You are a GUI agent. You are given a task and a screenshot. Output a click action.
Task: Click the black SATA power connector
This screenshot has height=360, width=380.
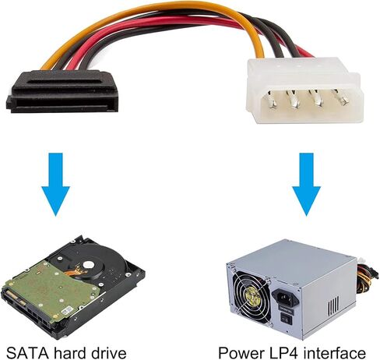pyautogui.click(x=62, y=91)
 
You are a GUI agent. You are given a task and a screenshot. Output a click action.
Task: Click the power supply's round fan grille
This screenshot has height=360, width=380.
pyautogui.click(x=251, y=295)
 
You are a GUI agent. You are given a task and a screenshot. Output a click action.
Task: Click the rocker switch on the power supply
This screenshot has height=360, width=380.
pyautogui.click(x=287, y=319)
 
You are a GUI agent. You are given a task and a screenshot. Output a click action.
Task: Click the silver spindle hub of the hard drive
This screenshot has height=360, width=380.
pyautogui.click(x=88, y=265)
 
